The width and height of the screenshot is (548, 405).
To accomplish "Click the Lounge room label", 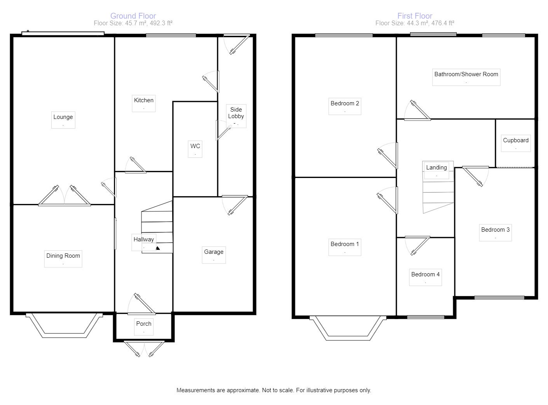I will [x=63, y=117].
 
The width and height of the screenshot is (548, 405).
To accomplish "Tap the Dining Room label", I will [x=63, y=256].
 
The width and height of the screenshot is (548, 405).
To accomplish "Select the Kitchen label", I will [x=143, y=100].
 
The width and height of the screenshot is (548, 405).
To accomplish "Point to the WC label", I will [x=195, y=146].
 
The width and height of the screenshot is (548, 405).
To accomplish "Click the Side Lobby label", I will [x=236, y=113].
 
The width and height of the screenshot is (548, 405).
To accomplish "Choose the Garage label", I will [x=214, y=252].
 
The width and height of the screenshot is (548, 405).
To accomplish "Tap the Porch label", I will [x=143, y=324].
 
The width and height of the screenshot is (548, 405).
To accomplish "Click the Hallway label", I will [x=143, y=239].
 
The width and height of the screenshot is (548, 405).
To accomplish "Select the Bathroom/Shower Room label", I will [x=466, y=74].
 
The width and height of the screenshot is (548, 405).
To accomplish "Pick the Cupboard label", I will [x=516, y=140].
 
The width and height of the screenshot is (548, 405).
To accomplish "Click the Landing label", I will [x=436, y=168].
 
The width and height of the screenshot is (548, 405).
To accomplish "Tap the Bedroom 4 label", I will [x=425, y=274].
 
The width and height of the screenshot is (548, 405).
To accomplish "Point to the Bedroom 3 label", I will [x=495, y=230].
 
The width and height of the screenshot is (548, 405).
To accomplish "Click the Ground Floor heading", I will [x=133, y=16].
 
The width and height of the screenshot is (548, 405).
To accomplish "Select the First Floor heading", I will [x=415, y=16].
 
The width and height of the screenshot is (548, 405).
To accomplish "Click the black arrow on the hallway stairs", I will [x=158, y=248].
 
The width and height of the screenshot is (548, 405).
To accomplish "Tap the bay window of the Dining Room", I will [x=64, y=325].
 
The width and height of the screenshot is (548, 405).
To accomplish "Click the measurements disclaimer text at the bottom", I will [x=274, y=390].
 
